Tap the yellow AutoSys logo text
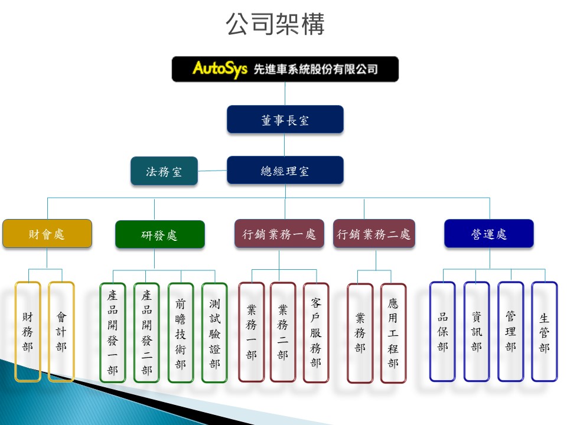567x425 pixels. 220,68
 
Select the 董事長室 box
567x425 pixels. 285,120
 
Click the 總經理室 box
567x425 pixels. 285,170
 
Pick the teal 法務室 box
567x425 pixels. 164,171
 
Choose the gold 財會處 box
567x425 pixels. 47,234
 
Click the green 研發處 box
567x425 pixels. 160,235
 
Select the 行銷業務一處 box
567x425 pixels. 279,234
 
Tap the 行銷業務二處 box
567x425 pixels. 374,234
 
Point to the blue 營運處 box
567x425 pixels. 489,234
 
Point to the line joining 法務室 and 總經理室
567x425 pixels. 212,171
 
